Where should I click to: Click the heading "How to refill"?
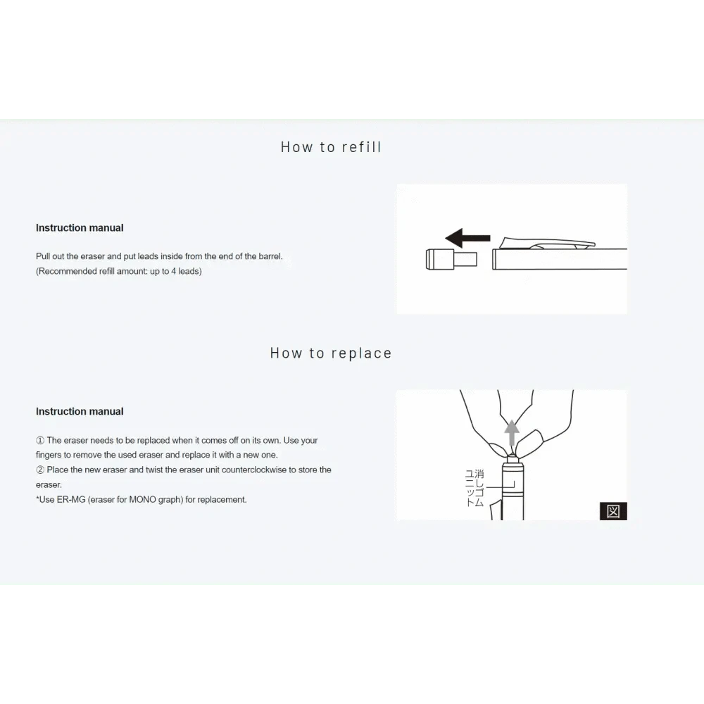pos(331,147)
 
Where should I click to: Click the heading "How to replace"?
pos(331,353)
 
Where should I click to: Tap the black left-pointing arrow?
pos(467,238)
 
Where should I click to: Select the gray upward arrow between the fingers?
pos(512,433)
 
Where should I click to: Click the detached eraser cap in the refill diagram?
pos(451,259)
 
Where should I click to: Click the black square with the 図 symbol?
pos(613,511)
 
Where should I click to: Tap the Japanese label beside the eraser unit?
pos(474,488)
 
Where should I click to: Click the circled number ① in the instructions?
pos(40,441)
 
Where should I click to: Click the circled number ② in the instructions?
pos(40,470)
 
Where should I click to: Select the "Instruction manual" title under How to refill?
pos(80,227)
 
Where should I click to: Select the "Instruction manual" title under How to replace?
pos(80,411)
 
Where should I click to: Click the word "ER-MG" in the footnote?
pos(71,500)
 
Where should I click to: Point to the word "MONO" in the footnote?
pos(142,500)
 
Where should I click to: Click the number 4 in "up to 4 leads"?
pos(174,271)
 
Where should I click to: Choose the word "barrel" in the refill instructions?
pos(270,256)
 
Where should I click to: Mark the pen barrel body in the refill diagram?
pos(560,259)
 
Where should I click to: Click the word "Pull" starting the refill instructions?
pos(43,256)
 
